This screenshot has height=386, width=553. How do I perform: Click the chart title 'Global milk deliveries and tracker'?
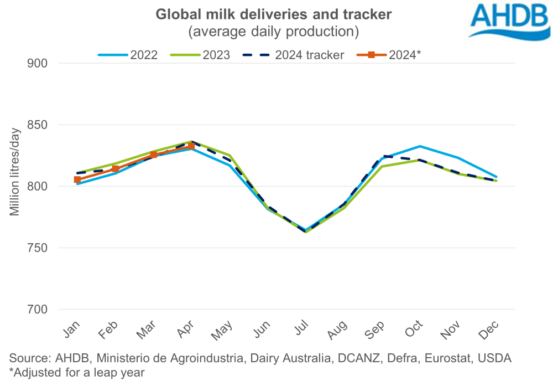[x=274, y=14]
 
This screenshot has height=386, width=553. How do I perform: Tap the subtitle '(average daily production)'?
[x=274, y=32]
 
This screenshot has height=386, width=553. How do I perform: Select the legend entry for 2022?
[x=128, y=55]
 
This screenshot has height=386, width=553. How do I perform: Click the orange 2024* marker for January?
[x=77, y=179]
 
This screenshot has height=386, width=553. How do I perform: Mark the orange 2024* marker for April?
[x=191, y=146]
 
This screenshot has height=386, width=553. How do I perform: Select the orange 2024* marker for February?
[x=116, y=168]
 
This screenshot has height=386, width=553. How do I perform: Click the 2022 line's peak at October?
[x=420, y=146]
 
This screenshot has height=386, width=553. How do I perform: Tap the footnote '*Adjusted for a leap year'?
[x=76, y=373]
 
